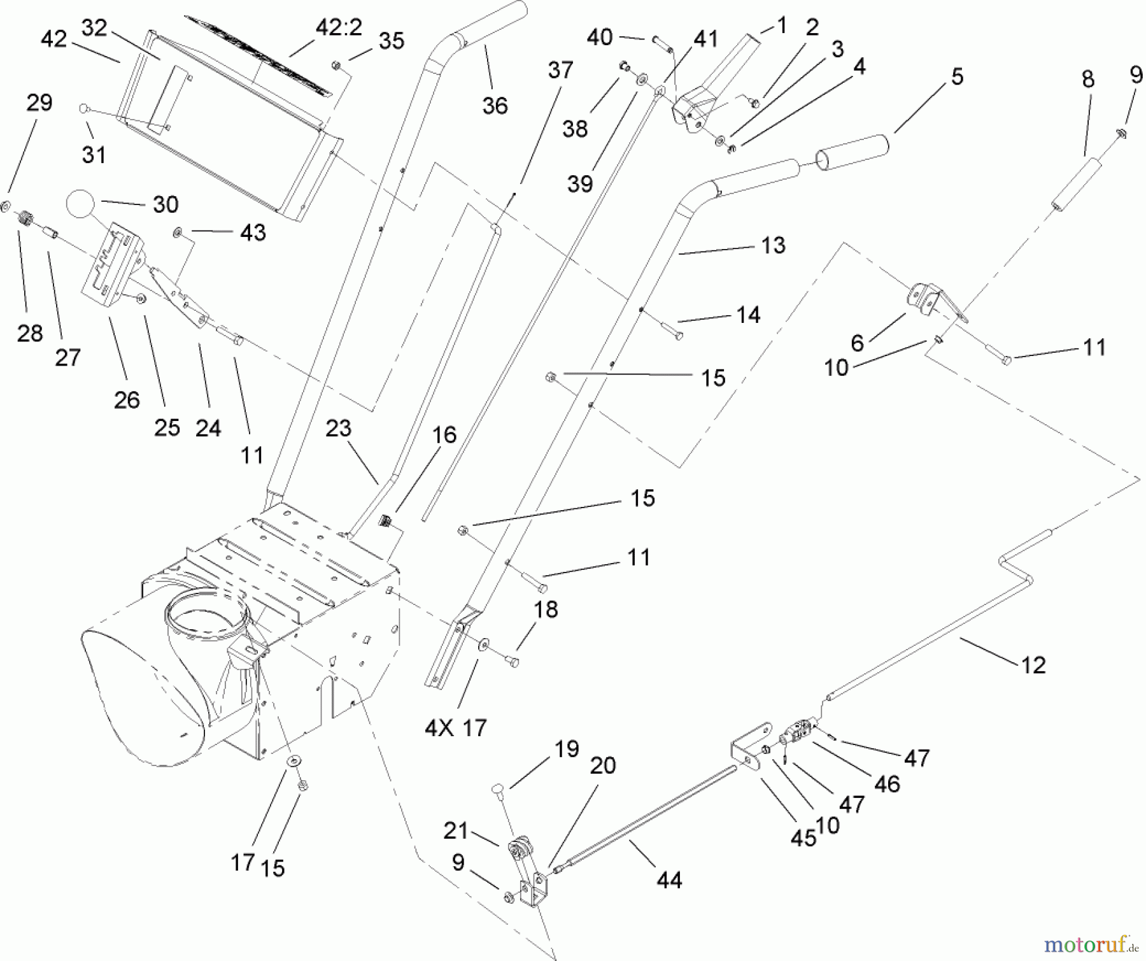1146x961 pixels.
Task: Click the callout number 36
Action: click(495, 105)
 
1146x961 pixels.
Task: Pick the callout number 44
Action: click(668, 880)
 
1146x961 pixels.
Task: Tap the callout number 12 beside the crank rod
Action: click(1033, 665)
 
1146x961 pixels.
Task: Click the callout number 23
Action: click(338, 428)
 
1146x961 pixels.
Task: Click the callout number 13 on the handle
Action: click(773, 245)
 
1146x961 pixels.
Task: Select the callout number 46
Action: click(887, 783)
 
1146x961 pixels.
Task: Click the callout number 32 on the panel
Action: click(94, 28)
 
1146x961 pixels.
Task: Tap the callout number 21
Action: click(456, 830)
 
